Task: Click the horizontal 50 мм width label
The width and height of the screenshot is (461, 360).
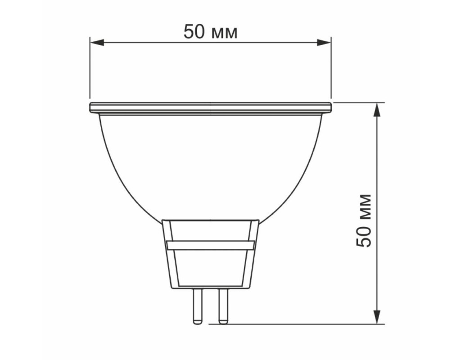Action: pyautogui.click(x=211, y=32)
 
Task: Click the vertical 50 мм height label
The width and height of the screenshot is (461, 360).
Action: pyautogui.click(x=364, y=220)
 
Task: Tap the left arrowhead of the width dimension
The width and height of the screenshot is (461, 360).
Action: pyautogui.click(x=97, y=42)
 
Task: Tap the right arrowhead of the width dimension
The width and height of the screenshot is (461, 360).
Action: pyautogui.click(x=324, y=42)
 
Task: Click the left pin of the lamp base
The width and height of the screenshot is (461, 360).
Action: pyautogui.click(x=197, y=306)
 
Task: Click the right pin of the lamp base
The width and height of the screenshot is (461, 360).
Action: pyautogui.click(x=223, y=306)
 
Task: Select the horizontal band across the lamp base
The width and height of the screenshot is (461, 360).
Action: pyautogui.click(x=211, y=245)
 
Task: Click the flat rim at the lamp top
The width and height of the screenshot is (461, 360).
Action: pyautogui.click(x=211, y=108)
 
